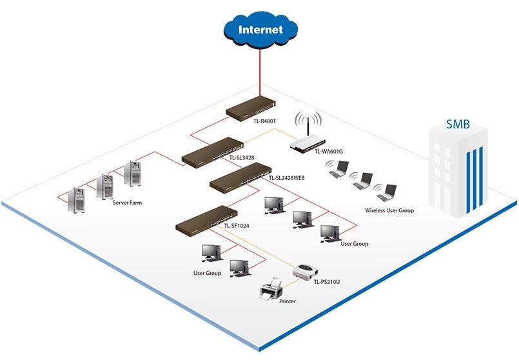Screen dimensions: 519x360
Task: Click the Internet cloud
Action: coord(260,29)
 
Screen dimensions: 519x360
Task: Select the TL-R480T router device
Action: coord(251,110)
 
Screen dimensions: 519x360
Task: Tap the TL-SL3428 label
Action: coord(242,158)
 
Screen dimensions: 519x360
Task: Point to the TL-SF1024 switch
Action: coord(206,219)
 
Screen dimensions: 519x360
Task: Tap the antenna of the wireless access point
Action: coord(308,128)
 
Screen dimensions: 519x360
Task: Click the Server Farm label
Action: coord(127,203)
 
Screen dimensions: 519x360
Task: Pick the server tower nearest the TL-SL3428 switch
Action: coord(133,173)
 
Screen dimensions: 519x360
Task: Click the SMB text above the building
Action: coord(458,125)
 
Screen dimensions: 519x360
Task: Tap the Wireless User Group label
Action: coord(389,210)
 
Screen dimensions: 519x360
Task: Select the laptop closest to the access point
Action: coord(338,169)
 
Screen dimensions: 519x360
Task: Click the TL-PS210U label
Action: coord(327,282)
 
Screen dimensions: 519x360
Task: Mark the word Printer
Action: coord(288,301)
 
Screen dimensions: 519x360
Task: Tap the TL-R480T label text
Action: coord(265,121)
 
